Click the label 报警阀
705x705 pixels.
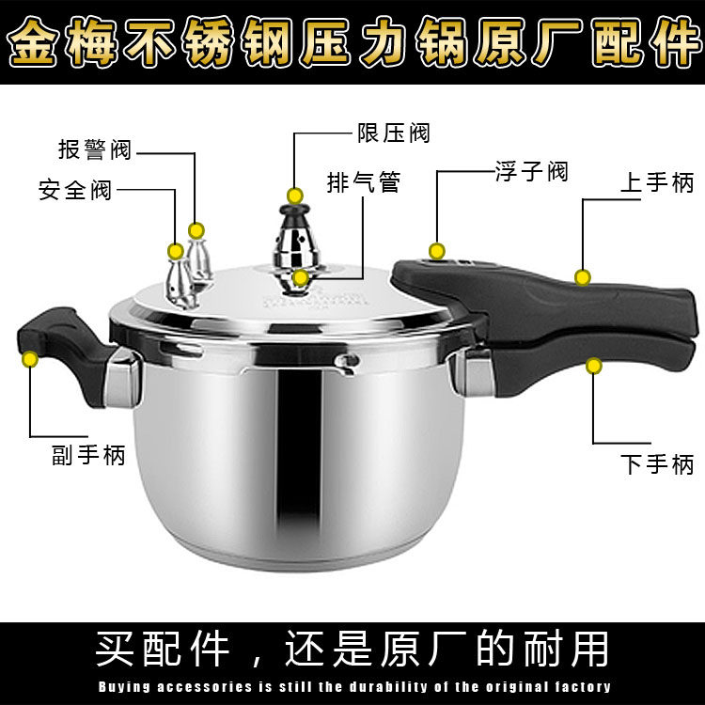94,150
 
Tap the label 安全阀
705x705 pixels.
74,190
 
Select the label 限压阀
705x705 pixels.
393,133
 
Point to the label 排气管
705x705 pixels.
363,182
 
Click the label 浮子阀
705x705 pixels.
531,172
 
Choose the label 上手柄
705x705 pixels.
656,182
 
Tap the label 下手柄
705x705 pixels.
656,463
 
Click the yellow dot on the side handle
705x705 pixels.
30,358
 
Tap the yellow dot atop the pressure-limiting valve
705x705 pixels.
294,196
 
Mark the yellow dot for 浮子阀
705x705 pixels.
436,251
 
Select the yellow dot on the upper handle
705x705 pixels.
583,277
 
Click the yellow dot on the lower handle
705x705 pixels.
594,365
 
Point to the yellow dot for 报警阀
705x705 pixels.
196,229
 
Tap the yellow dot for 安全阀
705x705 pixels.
176,251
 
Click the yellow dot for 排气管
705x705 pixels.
300,277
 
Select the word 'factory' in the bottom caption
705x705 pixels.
577,687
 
